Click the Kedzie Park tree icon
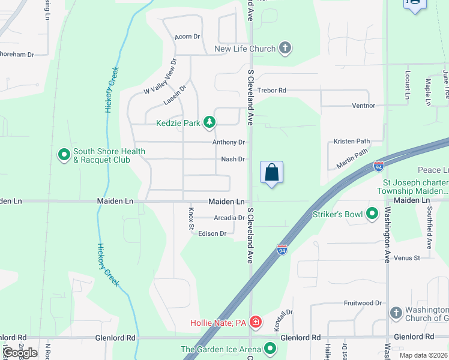pyautogui.click(x=209, y=123)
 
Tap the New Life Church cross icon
pyautogui.click(x=285, y=49)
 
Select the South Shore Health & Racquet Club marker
pyautogui.click(x=64, y=155)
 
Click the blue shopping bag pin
pyautogui.click(x=272, y=172)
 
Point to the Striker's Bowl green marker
pyautogui.click(x=372, y=214)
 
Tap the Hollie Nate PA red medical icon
pyautogui.click(x=256, y=323)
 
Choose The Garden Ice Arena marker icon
pyautogui.click(x=271, y=349)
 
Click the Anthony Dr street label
pyautogui.click(x=229, y=142)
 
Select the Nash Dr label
pyautogui.click(x=233, y=159)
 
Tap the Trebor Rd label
pyautogui.click(x=271, y=91)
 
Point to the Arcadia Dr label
pyautogui.click(x=229, y=218)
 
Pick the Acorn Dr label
pyautogui.click(x=187, y=37)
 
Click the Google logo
pyautogui.click(x=20, y=353)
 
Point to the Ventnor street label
pyautogui.click(x=363, y=106)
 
